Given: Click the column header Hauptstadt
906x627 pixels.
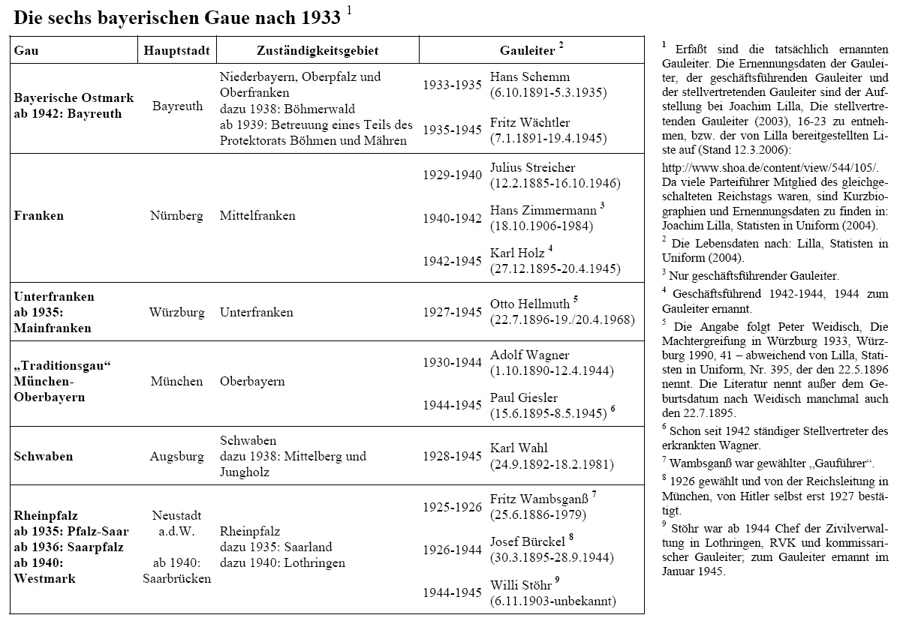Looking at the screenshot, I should click(177, 51).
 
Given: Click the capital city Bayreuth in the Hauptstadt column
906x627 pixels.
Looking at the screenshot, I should click(177, 106).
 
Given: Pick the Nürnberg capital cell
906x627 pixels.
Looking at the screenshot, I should click(177, 216).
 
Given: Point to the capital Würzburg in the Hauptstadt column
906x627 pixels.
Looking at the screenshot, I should click(177, 312).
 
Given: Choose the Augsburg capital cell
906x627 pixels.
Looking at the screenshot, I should click(177, 456).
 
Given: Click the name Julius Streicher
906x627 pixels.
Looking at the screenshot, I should click(533, 167).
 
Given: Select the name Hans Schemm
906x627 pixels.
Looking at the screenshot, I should click(530, 76).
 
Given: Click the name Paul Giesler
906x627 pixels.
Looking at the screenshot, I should click(524, 397).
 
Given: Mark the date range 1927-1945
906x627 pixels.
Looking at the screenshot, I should click(452, 312).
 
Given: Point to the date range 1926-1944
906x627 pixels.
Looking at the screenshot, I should click(452, 550).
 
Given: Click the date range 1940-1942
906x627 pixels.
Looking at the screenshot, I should click(452, 218).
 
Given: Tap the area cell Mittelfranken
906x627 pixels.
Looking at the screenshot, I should click(257, 216).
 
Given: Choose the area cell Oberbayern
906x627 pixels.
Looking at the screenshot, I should click(252, 382).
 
